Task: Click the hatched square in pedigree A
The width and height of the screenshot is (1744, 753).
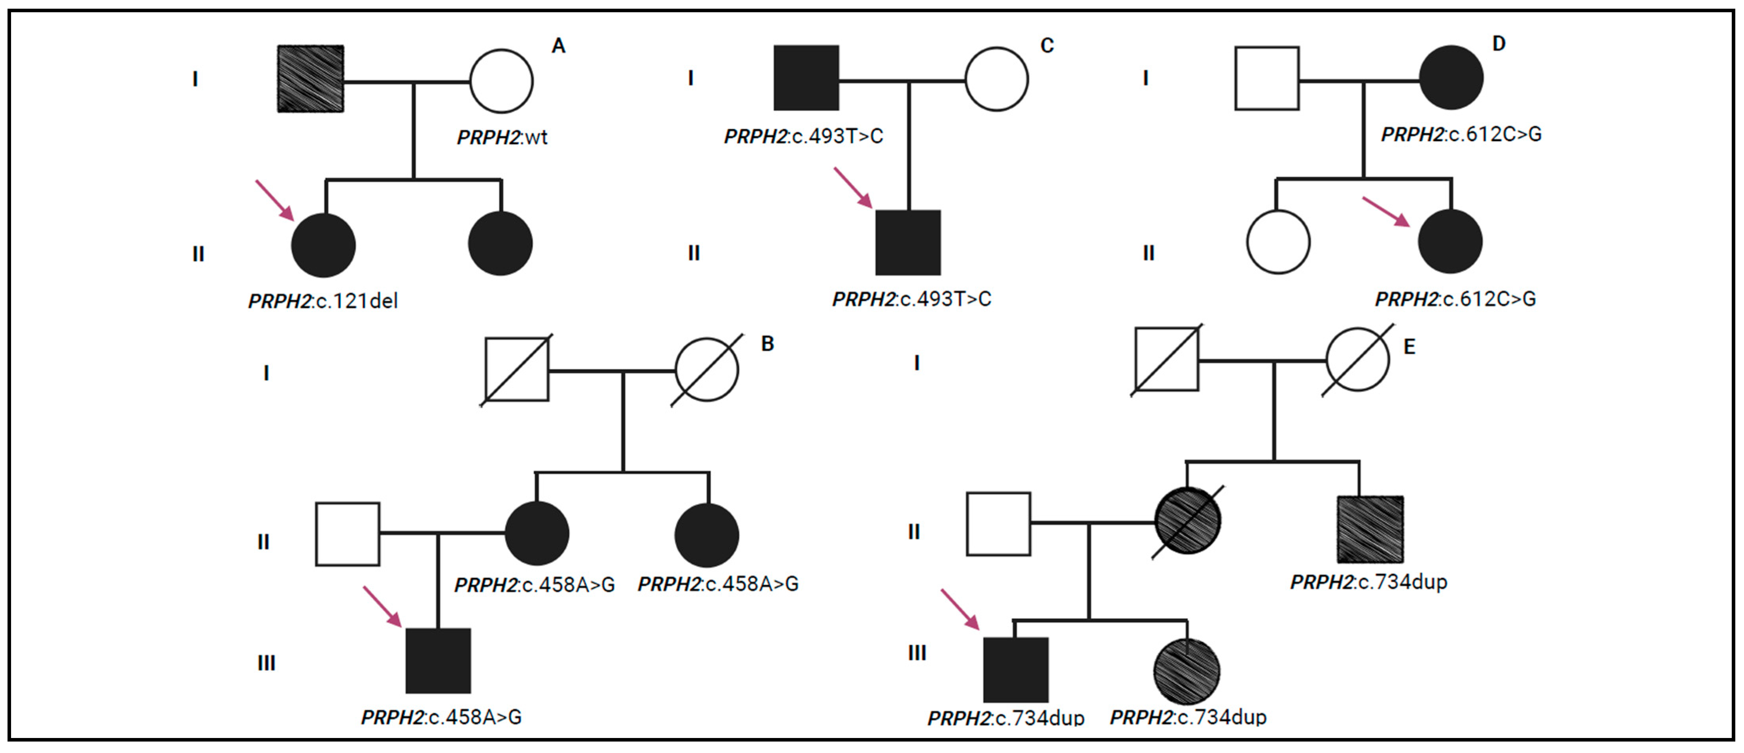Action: [311, 79]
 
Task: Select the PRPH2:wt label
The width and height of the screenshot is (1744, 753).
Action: [502, 137]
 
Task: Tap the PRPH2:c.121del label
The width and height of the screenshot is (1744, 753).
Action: [323, 301]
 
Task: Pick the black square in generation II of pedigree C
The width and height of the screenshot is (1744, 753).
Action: [908, 243]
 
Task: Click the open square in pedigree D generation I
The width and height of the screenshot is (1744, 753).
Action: [1267, 79]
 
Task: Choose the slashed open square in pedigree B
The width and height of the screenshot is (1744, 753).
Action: [517, 369]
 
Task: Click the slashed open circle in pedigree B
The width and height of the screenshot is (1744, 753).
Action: [707, 369]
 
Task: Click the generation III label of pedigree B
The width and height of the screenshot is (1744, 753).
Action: [266, 663]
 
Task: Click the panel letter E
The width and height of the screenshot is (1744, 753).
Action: [1409, 347]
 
